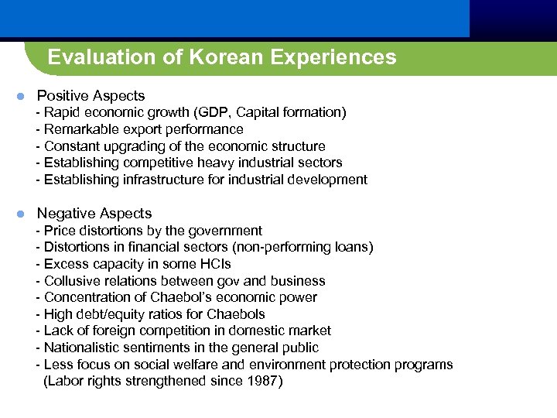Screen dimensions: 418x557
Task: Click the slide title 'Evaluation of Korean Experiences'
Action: [x=221, y=57]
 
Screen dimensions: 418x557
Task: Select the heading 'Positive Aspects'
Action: [x=91, y=96]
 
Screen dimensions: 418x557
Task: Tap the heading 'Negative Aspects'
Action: [x=94, y=214]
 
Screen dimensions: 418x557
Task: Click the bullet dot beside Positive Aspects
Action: [x=22, y=97]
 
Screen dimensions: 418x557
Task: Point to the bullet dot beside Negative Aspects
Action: [x=22, y=214]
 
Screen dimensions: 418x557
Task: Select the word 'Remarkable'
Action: [x=78, y=130]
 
